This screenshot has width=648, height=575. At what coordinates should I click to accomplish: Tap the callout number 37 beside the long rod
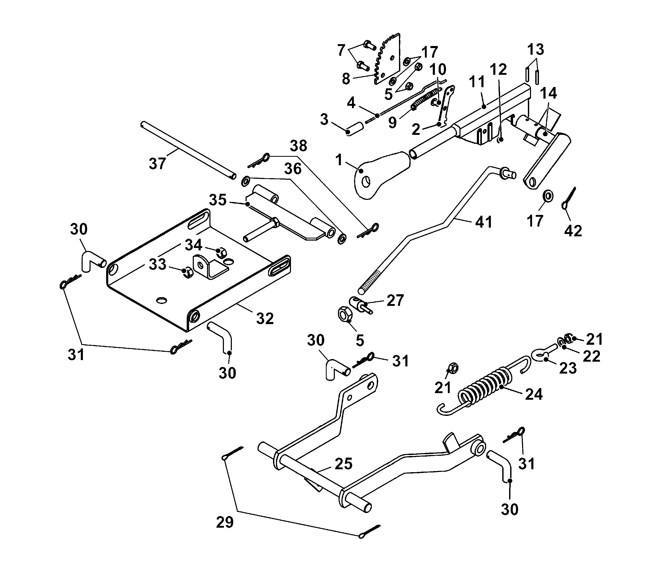tap(158, 164)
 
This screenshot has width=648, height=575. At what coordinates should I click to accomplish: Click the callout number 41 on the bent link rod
tap(484, 222)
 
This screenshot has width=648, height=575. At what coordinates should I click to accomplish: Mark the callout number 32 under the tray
tap(265, 318)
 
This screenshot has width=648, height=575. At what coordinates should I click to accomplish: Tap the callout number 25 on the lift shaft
tap(343, 464)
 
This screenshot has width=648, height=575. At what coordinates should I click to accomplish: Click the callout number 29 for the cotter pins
tap(225, 522)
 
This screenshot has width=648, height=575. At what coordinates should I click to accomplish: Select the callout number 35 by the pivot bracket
tap(218, 200)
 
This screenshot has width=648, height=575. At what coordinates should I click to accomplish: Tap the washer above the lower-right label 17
tap(548, 196)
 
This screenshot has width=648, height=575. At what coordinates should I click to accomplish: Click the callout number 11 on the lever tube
tap(477, 82)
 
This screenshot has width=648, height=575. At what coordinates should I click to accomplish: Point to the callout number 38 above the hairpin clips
tap(299, 146)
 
